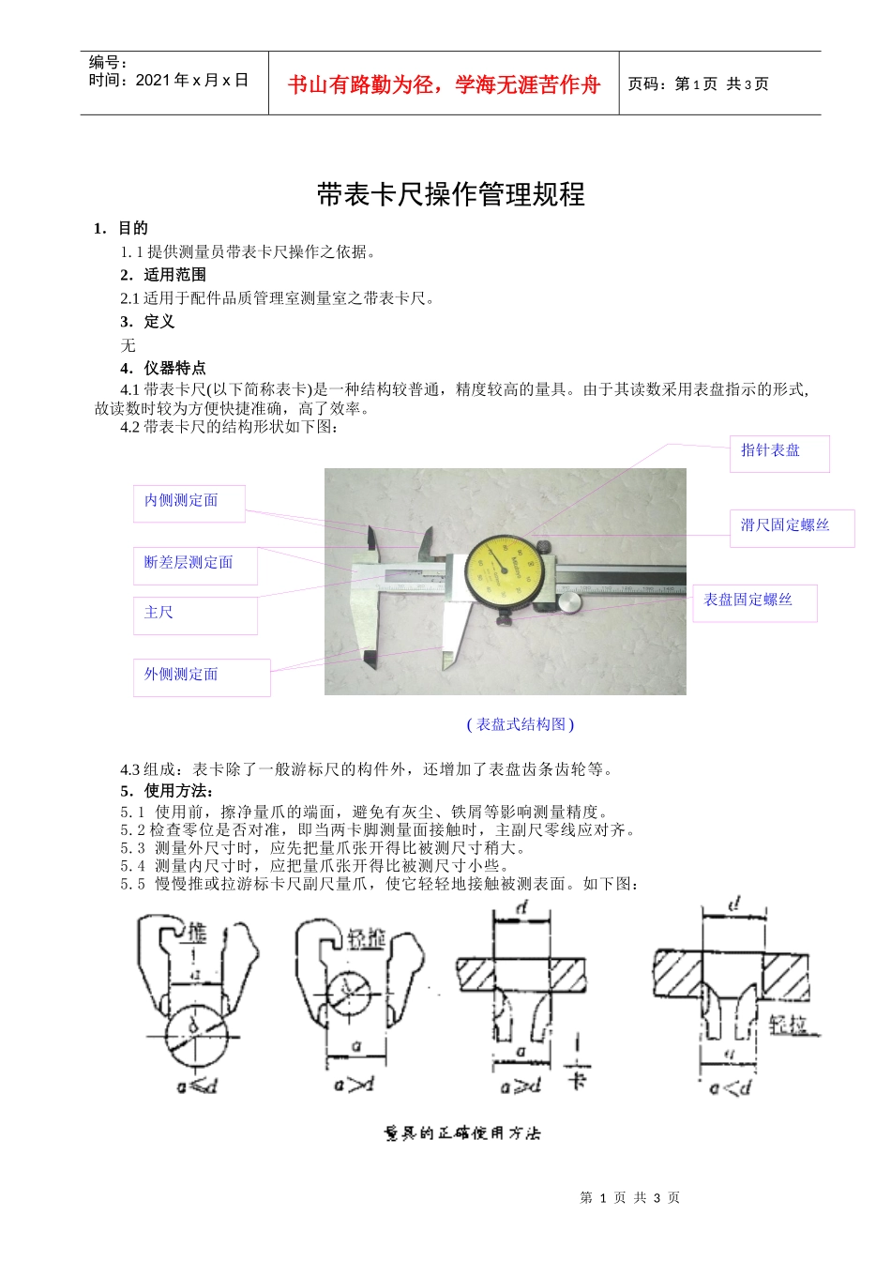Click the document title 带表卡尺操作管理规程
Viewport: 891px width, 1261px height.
point(450,195)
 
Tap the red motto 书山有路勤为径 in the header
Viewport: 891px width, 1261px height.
point(443,85)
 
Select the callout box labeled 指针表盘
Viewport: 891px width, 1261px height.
point(778,453)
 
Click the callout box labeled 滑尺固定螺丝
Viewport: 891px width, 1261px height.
point(791,528)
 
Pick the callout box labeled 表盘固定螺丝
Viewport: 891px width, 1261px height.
point(754,602)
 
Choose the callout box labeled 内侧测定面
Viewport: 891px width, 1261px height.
point(189,503)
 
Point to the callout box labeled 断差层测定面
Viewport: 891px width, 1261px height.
point(195,566)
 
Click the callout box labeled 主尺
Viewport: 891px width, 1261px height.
point(195,615)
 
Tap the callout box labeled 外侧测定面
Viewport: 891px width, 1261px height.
point(202,677)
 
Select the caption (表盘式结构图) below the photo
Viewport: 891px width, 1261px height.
point(520,724)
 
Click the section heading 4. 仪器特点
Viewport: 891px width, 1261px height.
point(163,368)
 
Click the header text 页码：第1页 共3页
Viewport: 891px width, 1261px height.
point(698,84)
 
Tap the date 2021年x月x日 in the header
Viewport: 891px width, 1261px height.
point(191,81)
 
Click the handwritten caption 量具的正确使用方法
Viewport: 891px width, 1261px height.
point(462,1133)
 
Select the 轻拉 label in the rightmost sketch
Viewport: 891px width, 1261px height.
point(790,1025)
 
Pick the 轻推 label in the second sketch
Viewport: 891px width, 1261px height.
point(367,937)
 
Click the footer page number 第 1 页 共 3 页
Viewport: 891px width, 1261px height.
point(629,1198)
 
